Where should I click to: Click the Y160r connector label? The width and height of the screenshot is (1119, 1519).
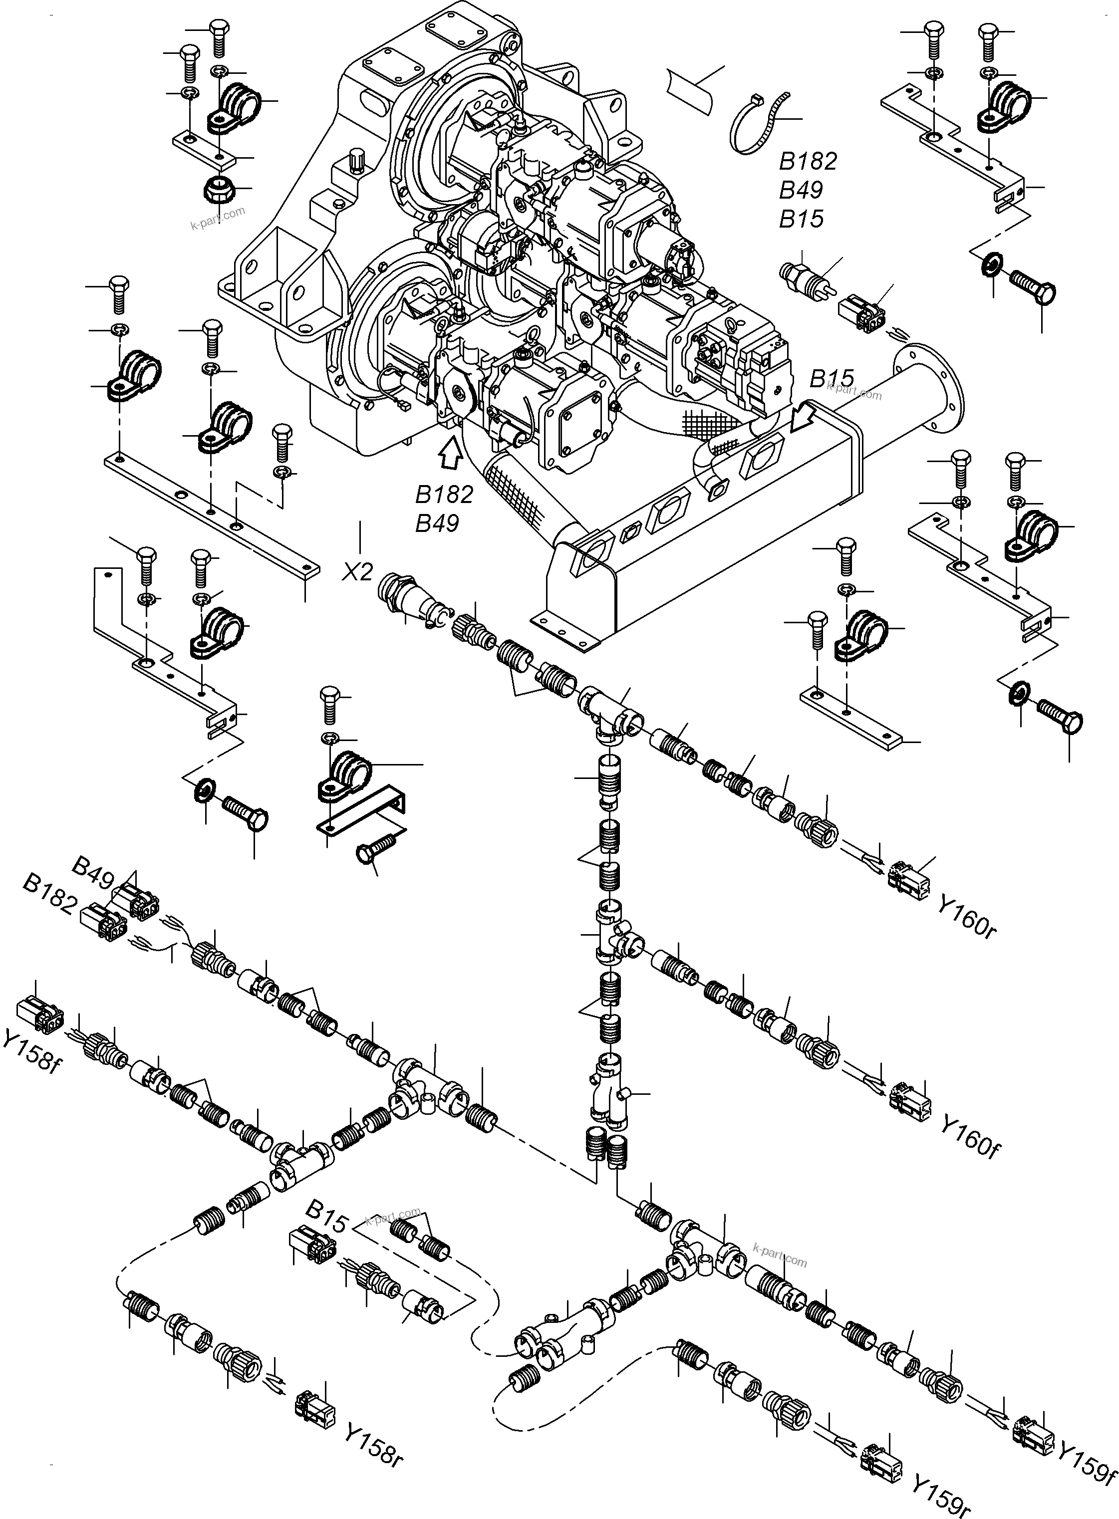[967, 916]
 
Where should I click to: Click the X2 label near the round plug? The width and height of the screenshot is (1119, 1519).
[357, 571]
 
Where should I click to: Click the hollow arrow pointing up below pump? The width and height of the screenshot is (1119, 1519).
[450, 452]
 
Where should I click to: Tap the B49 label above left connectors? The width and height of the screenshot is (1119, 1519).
[93, 872]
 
